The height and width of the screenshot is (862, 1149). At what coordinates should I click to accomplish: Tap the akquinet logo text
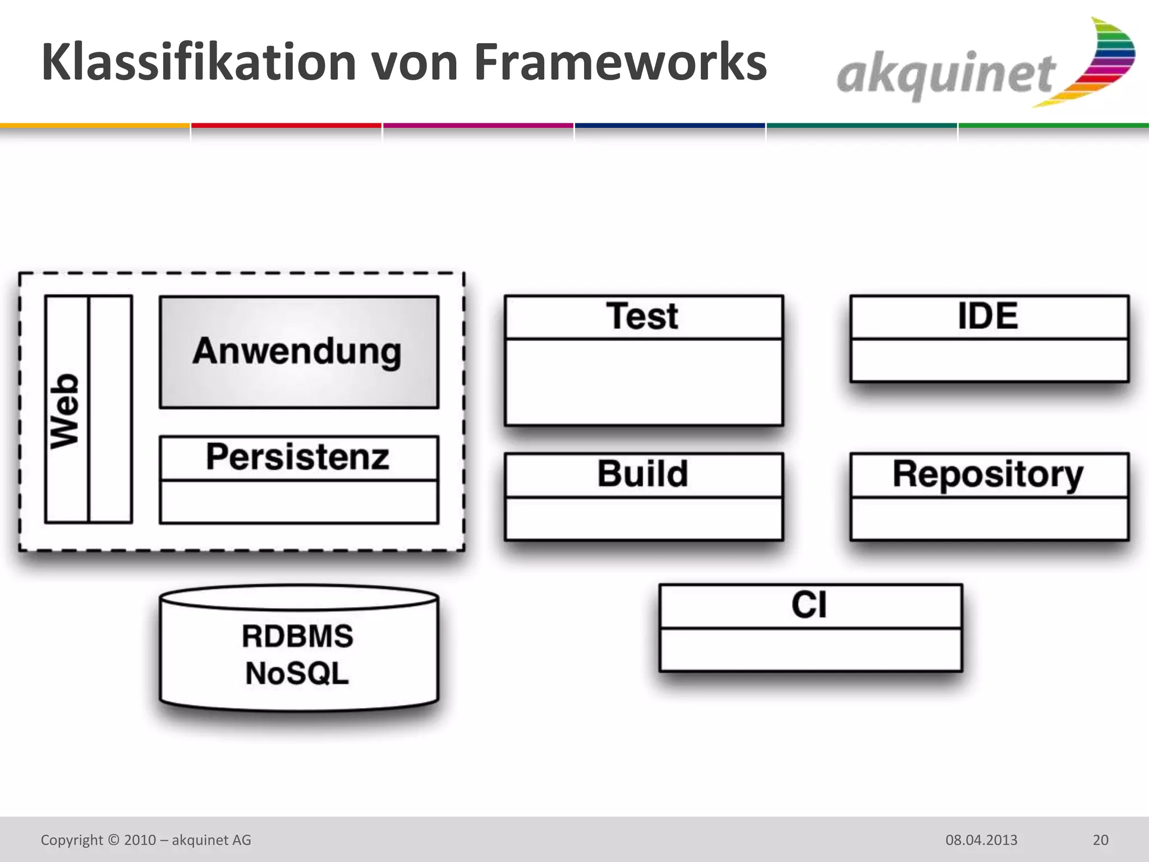947,76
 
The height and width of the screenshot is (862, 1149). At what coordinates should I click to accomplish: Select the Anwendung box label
297,351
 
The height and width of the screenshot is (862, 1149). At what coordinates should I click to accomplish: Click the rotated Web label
65,410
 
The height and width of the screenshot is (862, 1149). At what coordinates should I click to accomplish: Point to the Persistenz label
297,457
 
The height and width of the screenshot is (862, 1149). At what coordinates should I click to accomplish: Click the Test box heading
642,316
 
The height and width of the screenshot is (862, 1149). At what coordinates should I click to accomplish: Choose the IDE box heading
988,316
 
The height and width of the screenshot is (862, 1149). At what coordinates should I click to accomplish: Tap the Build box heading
642,474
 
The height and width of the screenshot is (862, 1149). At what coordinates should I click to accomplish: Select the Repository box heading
988,475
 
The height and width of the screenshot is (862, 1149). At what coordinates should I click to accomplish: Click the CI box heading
809,606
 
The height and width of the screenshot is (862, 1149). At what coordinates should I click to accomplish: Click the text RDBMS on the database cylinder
297,636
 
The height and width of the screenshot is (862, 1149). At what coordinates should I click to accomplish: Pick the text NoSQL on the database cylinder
297,673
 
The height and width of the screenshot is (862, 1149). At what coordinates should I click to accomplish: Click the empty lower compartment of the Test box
644,382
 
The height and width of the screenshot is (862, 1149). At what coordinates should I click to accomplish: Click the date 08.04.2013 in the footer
981,840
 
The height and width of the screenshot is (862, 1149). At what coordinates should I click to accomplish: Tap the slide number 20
1100,840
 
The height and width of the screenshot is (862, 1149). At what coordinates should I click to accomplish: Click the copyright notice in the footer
146,840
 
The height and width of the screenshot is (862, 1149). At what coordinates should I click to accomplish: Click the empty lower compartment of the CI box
810,649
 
